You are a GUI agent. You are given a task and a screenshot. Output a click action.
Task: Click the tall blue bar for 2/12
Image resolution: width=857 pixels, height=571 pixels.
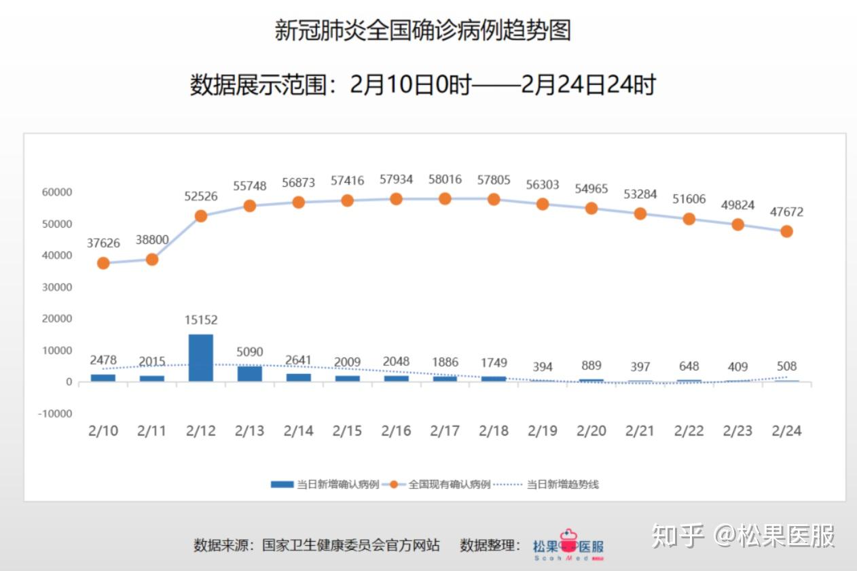200,358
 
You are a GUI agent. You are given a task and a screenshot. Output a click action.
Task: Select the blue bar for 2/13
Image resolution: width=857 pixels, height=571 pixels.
249,374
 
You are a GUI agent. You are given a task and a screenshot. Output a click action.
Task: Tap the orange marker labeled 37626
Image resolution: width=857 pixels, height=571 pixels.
103,263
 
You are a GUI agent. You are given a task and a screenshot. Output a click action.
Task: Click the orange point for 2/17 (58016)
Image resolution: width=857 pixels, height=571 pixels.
445,198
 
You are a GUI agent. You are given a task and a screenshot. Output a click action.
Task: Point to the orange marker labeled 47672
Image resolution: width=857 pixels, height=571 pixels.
786,231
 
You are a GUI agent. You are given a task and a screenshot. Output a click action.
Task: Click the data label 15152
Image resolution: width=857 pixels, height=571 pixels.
200,320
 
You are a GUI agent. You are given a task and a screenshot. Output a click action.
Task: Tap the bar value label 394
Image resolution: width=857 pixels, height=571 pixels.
543,366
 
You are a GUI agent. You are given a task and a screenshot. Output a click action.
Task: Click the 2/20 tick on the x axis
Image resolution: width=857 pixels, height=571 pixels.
591,431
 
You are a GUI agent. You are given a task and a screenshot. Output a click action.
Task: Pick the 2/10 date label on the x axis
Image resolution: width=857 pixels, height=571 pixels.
103,431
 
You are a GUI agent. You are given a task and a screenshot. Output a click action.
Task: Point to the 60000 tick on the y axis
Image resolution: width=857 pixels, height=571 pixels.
56,192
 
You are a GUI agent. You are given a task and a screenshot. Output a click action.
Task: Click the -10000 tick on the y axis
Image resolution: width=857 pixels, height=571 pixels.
54,413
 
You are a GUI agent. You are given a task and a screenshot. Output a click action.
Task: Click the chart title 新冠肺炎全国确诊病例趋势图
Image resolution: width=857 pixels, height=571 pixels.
422,31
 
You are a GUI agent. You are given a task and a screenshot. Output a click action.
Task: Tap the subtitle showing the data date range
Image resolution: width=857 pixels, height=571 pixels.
422,85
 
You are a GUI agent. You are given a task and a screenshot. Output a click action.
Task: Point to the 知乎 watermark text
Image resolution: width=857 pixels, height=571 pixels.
678,536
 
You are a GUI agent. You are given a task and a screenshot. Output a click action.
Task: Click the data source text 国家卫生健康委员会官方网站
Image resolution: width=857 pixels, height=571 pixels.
351,545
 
